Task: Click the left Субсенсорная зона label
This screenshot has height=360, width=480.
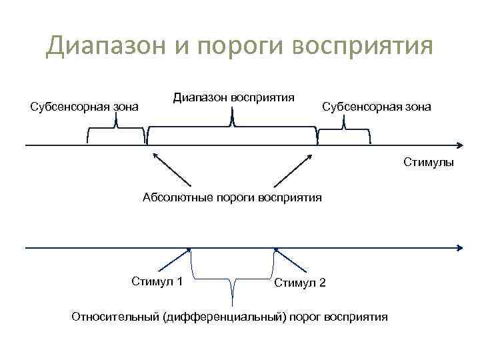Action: coord(85,106)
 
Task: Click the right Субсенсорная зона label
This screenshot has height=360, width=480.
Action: coord(377,106)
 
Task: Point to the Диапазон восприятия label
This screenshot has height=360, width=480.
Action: coord(234,97)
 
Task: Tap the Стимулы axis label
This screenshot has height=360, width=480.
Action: coord(428,162)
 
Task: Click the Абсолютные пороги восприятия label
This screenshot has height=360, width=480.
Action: coord(232,197)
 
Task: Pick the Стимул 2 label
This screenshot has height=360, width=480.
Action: coord(300,283)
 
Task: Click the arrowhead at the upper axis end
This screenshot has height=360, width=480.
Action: coord(459,145)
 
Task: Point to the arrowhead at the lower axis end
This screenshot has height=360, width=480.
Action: coord(459,248)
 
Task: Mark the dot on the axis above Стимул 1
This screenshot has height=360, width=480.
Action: coord(190,249)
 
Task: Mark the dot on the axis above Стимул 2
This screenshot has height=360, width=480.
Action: coord(275,249)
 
